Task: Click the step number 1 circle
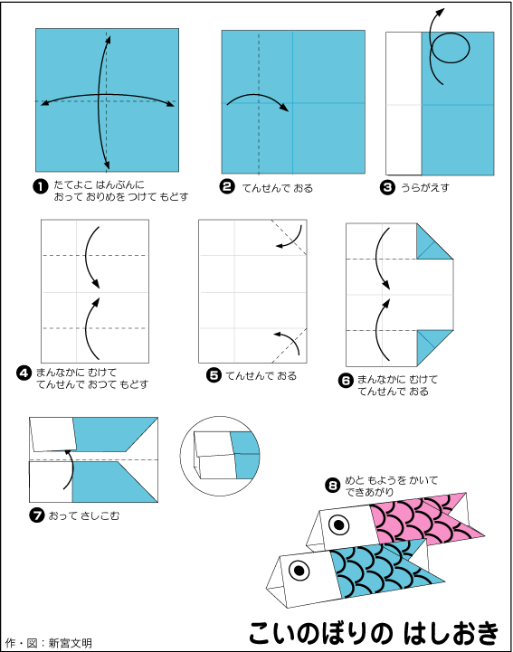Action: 40,186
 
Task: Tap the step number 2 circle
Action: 227,186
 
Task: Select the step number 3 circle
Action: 387,187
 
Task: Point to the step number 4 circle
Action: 24,373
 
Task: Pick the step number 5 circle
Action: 214,375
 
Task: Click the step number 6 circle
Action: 347,380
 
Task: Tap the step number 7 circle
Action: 37,515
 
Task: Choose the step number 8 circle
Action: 333,486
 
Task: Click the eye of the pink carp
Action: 339,525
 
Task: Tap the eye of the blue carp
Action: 299,570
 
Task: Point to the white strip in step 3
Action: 404,103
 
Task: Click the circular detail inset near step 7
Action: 220,456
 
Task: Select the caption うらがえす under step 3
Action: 425,187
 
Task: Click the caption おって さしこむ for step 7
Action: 83,516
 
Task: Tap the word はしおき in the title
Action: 451,633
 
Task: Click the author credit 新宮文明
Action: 70,643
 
